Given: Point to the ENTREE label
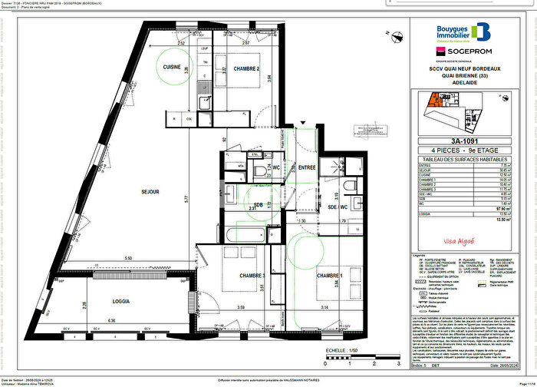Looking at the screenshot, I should coord(307,167).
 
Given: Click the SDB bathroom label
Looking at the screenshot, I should coord(257,204).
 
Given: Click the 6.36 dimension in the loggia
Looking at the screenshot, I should coord(112,320).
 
